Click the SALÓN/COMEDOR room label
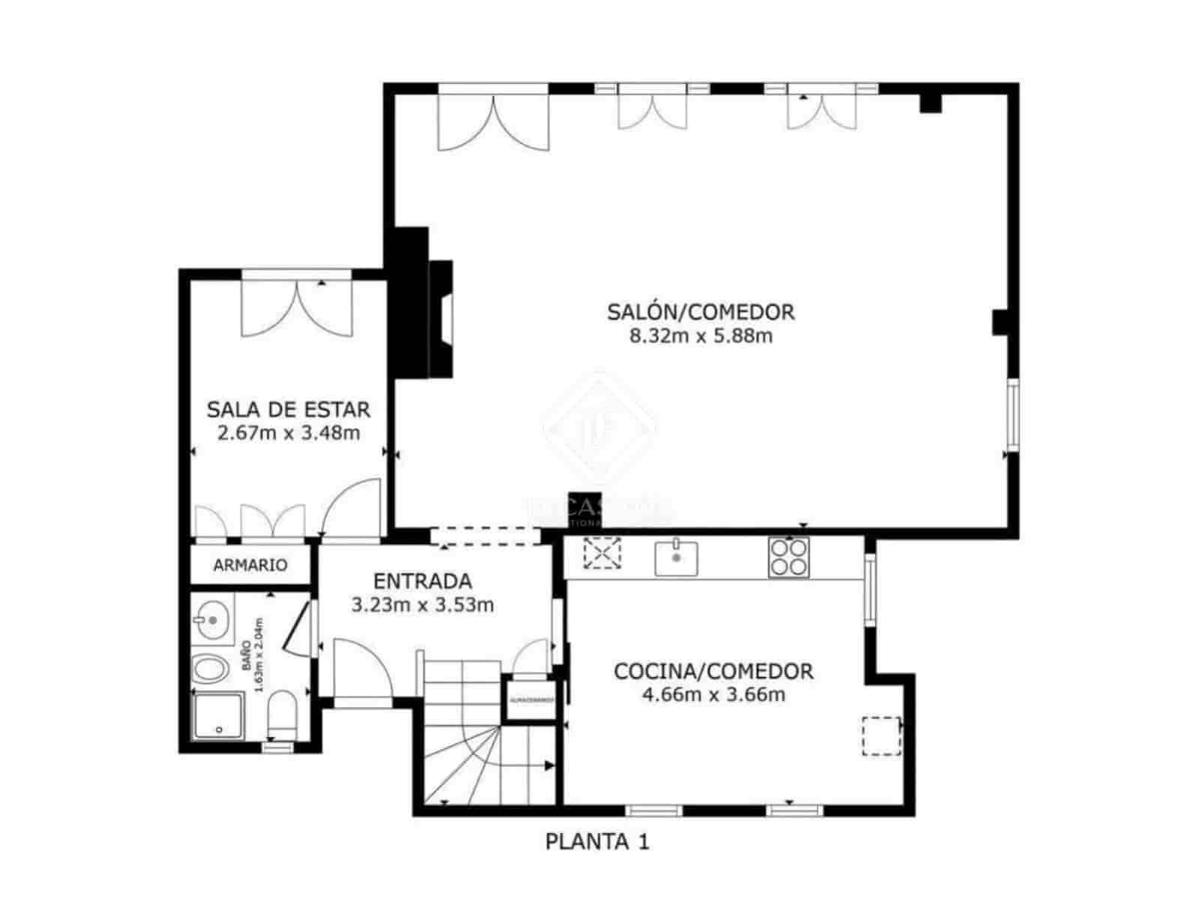pos(701,311)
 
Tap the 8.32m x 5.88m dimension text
pos(701,336)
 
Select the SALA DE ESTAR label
pos(289,410)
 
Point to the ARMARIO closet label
pos(250,565)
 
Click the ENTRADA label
pos(423,581)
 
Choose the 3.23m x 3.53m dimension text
pos(423,605)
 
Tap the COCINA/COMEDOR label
pos(713,671)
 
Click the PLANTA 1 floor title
pos(597,841)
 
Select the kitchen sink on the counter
pos(676,557)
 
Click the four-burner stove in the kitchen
pos(789,557)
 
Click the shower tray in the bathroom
pos(218,716)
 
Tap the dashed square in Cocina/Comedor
pos(881,736)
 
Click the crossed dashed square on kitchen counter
pos(602,554)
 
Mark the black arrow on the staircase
pos(549,766)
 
